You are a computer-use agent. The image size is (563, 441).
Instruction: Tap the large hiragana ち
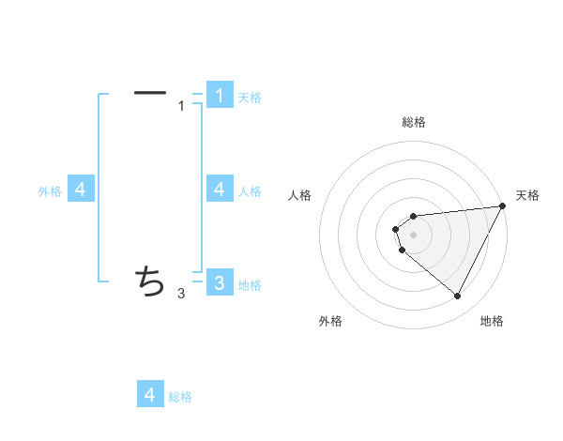click(x=150, y=280)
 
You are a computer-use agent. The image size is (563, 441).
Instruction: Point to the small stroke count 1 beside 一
click(x=182, y=106)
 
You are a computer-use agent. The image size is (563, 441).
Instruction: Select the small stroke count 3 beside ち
click(x=181, y=294)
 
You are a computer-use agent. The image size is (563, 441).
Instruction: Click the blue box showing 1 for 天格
click(x=220, y=95)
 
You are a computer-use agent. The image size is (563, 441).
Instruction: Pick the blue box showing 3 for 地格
click(x=220, y=282)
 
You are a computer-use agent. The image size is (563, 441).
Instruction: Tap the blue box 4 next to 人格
click(x=220, y=190)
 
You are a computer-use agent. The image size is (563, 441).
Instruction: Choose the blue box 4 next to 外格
click(x=81, y=190)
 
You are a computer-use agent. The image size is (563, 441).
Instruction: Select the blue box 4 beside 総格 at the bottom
click(x=150, y=394)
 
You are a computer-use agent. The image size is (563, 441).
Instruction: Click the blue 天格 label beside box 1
click(x=250, y=97)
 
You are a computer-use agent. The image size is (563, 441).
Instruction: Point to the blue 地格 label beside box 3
click(x=250, y=284)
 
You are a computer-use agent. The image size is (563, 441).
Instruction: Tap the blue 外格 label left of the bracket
click(x=50, y=191)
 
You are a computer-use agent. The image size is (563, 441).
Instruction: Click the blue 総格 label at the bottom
click(x=180, y=397)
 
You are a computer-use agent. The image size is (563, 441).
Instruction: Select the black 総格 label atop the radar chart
click(x=413, y=122)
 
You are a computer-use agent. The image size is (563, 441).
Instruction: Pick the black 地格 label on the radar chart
click(x=492, y=321)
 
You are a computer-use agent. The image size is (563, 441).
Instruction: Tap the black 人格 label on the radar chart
click(x=299, y=195)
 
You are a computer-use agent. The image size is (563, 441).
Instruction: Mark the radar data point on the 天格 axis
click(x=503, y=206)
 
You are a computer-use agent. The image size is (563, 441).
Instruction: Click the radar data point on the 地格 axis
click(x=458, y=297)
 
